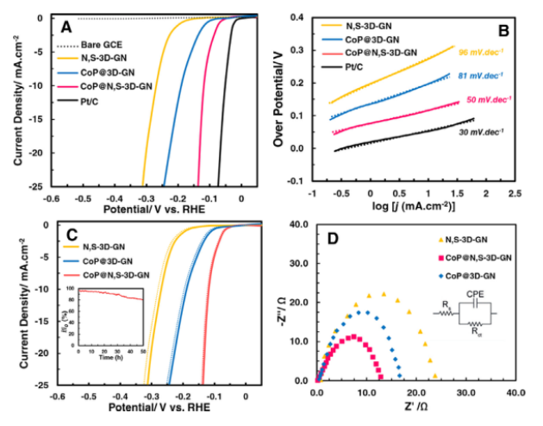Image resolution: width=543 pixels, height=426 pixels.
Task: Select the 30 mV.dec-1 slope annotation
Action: tap(477, 132)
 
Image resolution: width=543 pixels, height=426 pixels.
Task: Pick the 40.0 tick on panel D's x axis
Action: tap(514, 391)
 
